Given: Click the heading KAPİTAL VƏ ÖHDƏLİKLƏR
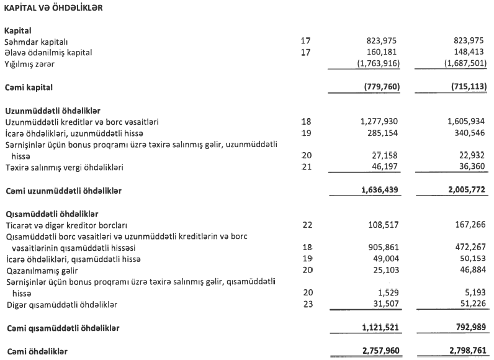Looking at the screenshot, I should pyautogui.click(x=53, y=8).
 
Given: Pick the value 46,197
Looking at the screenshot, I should pyautogui.click(x=385, y=168).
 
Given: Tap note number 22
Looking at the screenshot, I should pyautogui.click(x=305, y=225).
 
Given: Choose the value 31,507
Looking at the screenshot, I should pyautogui.click(x=385, y=304).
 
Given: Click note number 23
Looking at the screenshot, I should pyautogui.click(x=305, y=304).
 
